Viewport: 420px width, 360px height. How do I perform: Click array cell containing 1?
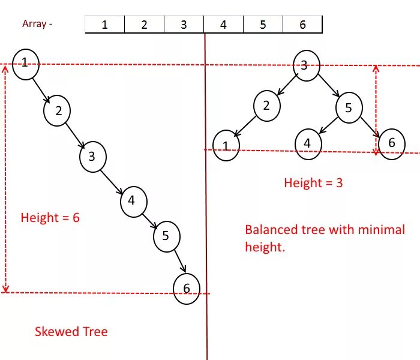pos(104,25)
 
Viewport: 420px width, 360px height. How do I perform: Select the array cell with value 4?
pos(223,25)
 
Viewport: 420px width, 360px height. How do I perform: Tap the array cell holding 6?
pos(302,25)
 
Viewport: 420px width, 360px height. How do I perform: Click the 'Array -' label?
pos(37,24)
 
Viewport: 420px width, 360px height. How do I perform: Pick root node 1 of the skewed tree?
pos(25,62)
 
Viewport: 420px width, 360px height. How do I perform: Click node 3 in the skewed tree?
pos(92,157)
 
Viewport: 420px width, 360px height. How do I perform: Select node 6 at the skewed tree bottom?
pos(186,289)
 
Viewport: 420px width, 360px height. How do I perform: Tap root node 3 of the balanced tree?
pos(305,65)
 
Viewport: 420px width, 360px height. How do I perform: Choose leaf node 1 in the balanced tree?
pos(226,146)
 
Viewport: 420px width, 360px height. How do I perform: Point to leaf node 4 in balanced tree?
pos(308,143)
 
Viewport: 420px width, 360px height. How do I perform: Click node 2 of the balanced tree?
pos(266,106)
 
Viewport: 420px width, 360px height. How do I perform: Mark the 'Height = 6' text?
pos(50,218)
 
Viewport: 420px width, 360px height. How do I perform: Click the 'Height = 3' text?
pos(313,183)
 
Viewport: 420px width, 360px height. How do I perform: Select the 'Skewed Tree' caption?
pos(71,331)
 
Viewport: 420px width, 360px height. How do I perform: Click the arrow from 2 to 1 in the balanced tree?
pos(245,127)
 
